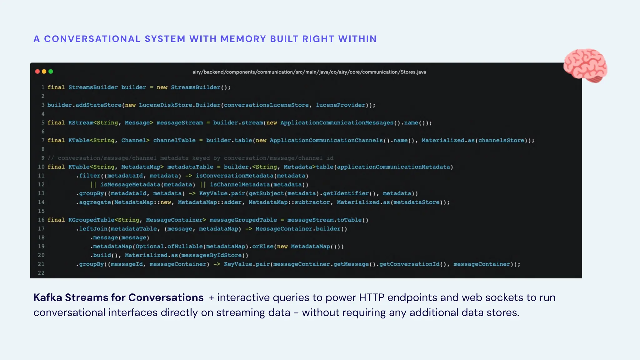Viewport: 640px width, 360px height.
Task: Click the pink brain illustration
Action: [585, 66]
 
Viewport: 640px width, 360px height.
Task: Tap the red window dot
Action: [37, 72]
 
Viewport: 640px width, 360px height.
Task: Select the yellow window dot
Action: [44, 72]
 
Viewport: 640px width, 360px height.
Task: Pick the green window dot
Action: [51, 72]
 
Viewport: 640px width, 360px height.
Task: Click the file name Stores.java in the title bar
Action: [413, 72]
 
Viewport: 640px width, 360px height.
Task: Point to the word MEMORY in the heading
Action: [243, 39]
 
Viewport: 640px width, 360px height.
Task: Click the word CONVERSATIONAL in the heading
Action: [92, 39]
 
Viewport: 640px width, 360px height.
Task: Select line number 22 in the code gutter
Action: [41, 273]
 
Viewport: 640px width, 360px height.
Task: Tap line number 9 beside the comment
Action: [43, 158]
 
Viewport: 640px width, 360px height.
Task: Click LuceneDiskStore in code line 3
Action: [165, 105]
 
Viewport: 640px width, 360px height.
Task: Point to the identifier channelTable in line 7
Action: [174, 140]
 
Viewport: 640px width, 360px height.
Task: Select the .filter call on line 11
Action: [88, 176]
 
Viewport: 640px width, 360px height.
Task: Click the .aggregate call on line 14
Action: [93, 202]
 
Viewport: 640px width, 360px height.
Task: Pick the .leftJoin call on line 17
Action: [92, 229]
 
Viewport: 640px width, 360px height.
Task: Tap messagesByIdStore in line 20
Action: [212, 255]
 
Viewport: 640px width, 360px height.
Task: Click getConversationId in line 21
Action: [409, 264]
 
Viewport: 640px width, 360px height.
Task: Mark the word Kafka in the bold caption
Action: [47, 297]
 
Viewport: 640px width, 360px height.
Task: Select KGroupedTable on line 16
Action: [91, 220]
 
